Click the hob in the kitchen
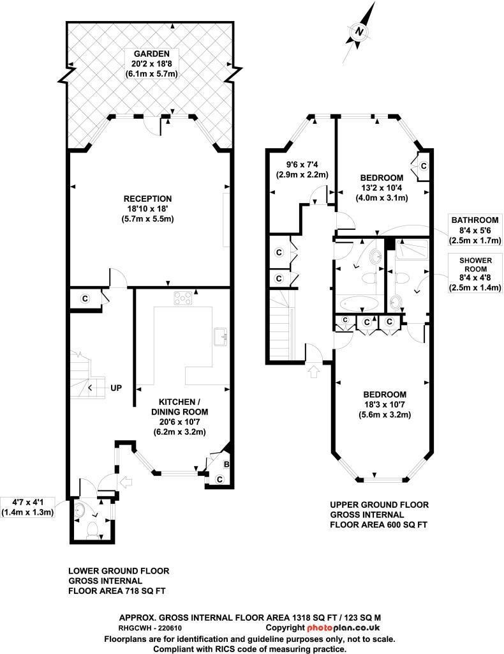point(183,298)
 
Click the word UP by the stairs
point(116,388)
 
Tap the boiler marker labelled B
point(226,464)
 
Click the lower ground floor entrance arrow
point(126,483)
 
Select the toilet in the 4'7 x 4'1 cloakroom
point(93,529)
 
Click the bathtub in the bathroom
point(358,303)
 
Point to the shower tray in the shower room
point(411,250)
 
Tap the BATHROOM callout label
point(475,230)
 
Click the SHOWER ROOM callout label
point(475,274)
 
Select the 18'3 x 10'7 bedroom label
point(385,404)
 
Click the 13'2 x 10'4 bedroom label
point(382,188)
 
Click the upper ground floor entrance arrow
point(312,371)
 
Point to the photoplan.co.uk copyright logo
point(323,627)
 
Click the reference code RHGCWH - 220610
point(151,627)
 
